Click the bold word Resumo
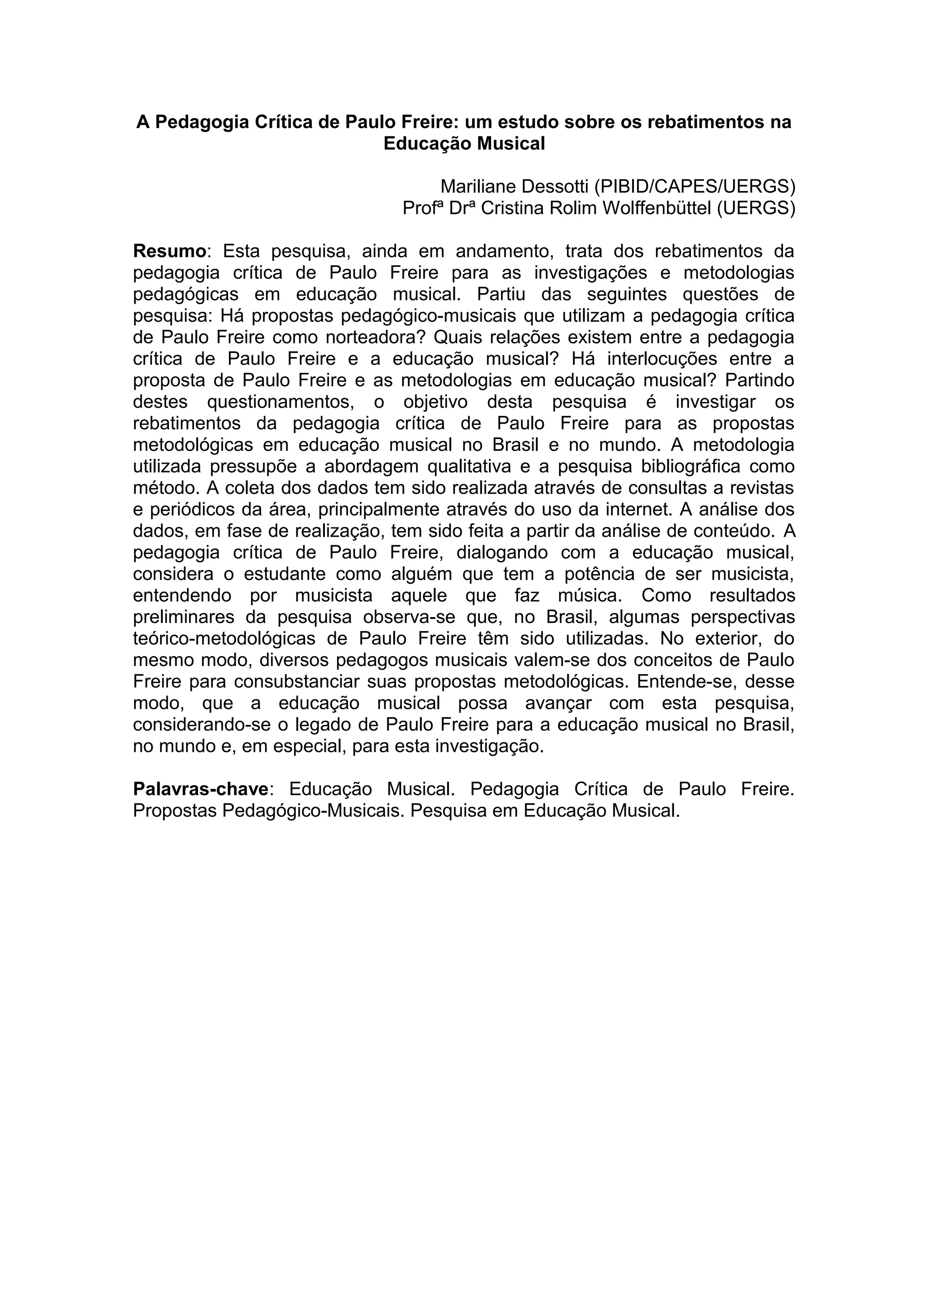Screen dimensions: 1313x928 point(169,251)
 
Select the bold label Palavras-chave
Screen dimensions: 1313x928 point(201,789)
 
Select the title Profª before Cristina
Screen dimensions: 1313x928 point(423,208)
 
